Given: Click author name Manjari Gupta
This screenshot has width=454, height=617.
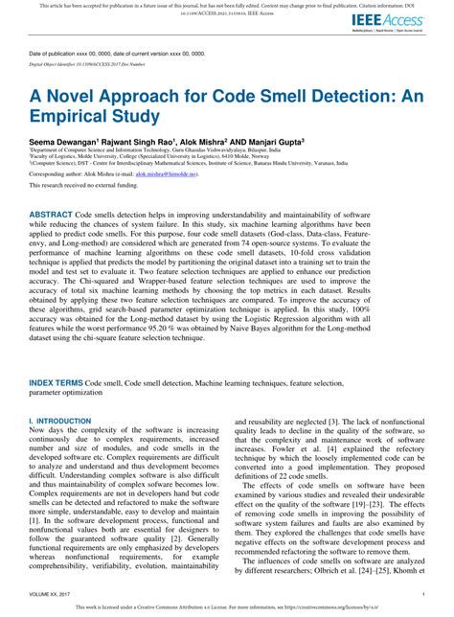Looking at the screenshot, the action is point(274,139).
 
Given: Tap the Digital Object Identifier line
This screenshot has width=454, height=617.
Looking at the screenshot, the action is point(88,64).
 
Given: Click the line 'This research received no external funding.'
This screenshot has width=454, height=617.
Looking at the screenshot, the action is point(87,187).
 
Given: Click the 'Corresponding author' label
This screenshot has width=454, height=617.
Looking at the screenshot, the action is point(60,175).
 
